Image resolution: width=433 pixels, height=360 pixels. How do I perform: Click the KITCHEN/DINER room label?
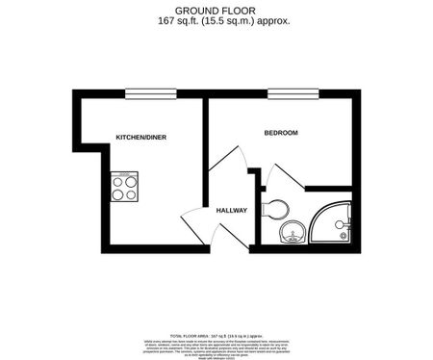(140, 138)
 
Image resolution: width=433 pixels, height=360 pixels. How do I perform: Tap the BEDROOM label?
(281, 132)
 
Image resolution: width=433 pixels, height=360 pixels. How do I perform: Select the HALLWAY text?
(231, 210)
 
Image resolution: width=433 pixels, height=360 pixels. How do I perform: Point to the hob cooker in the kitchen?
(124, 185)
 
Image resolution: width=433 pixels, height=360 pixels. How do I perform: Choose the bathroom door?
(285, 178)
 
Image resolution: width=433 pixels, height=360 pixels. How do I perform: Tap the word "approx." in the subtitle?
(271, 19)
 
